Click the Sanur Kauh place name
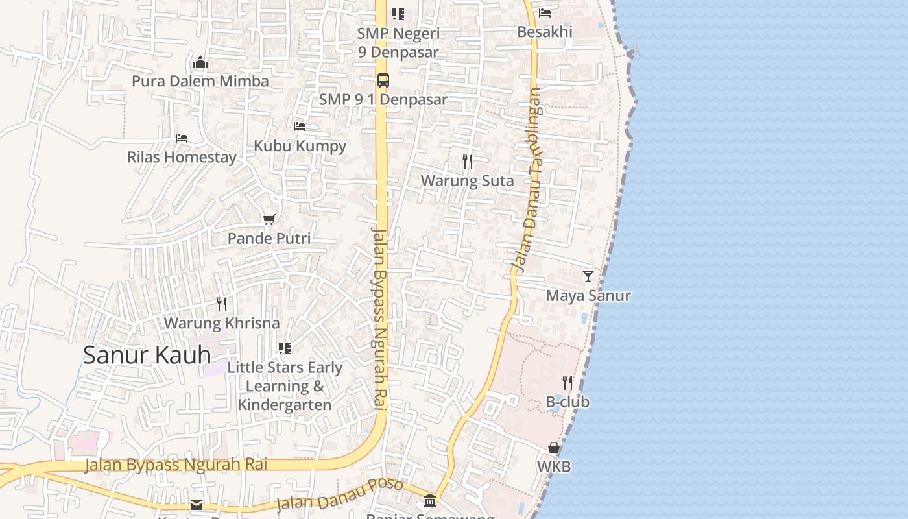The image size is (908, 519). click(147, 355)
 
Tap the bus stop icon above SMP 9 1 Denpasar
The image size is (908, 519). click(383, 80)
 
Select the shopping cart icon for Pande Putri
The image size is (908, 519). click(269, 220)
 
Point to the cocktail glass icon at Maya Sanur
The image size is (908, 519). click(588, 276)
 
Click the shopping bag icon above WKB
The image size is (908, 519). click(554, 448)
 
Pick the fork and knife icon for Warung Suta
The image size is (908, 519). click(467, 162)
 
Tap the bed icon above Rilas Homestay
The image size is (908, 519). click(182, 138)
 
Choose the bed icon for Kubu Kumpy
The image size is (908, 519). click(300, 127)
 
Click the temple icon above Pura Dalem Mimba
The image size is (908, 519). click(200, 62)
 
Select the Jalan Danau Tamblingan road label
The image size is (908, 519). click(527, 180)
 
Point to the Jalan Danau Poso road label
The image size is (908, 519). click(339, 494)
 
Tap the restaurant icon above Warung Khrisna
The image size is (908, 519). click(222, 304)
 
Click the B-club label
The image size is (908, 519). click(567, 402)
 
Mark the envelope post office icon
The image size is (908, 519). click(197, 505)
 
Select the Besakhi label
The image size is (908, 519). click(545, 32)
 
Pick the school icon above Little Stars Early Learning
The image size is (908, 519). click(285, 348)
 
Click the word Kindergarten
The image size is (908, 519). click(285, 405)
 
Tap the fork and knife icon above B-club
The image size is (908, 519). click(567, 382)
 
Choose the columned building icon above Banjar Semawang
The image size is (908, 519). click(430, 500)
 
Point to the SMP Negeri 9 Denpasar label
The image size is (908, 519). click(398, 42)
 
